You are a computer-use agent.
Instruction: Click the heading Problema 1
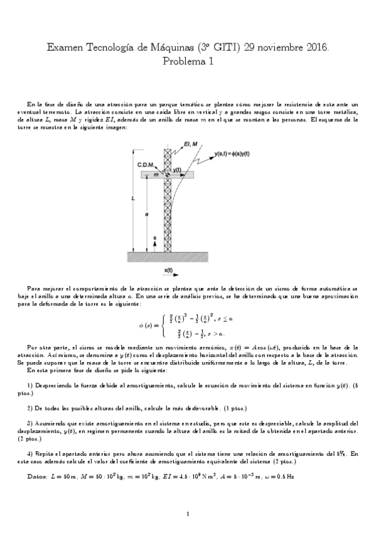click(x=188, y=61)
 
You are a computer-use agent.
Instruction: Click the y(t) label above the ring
click(x=178, y=170)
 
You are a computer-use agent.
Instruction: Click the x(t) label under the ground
click(x=169, y=270)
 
